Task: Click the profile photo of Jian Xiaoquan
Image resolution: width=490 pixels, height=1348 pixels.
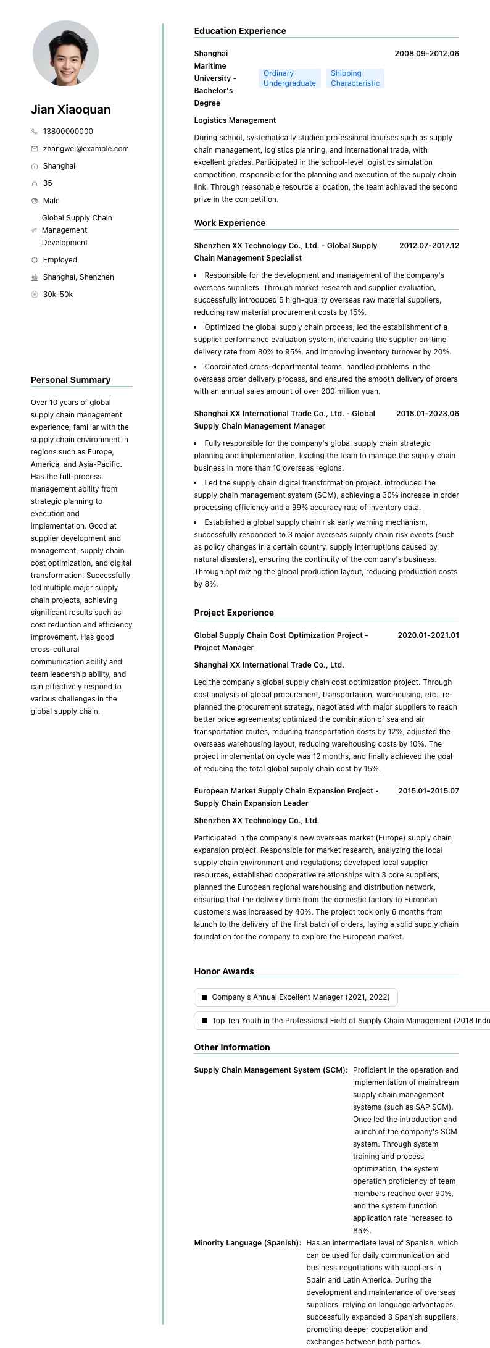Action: tap(65, 53)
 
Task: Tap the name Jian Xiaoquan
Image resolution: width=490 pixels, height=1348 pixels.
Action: tap(71, 110)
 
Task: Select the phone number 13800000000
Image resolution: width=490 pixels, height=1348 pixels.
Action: tap(68, 132)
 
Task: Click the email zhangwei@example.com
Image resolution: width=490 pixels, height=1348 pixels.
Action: tap(86, 149)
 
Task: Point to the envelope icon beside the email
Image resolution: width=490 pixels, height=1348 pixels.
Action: tap(35, 149)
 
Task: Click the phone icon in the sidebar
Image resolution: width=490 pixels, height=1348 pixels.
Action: tap(35, 132)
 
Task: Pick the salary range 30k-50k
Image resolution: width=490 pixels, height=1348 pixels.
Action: tap(58, 295)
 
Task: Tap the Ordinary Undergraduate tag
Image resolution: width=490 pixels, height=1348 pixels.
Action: tap(289, 78)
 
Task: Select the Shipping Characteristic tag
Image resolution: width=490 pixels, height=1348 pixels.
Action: tap(355, 78)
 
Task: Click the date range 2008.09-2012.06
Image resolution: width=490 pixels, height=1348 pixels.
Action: tap(426, 54)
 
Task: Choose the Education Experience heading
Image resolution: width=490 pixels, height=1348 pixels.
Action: tap(240, 31)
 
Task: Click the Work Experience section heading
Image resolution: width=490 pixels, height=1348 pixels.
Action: tap(230, 223)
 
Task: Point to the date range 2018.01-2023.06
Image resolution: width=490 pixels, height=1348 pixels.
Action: tap(427, 414)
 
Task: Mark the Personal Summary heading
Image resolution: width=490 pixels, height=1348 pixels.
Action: tap(71, 380)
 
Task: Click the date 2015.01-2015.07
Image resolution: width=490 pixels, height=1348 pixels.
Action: tap(428, 791)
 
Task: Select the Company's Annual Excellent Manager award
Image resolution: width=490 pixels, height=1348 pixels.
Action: tap(301, 997)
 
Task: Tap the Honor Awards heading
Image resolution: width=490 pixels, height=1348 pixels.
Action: tap(224, 971)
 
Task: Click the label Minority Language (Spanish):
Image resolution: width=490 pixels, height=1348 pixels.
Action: tap(247, 1243)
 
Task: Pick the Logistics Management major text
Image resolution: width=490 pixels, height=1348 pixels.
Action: tap(235, 120)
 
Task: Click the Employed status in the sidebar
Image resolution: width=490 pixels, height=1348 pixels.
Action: tap(60, 260)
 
